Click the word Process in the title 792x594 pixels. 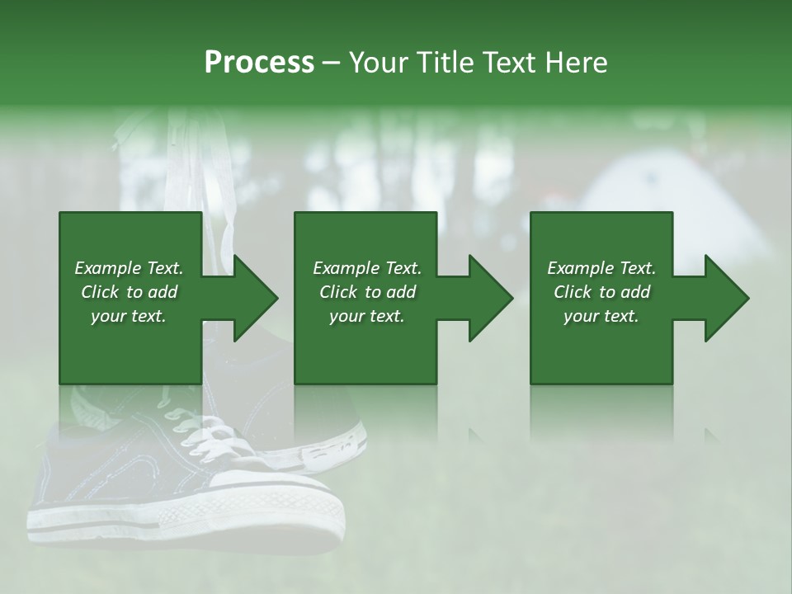click(259, 63)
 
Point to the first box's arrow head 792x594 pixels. click(256, 298)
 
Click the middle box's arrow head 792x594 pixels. click(491, 298)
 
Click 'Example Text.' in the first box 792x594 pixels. click(129, 268)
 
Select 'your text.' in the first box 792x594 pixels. click(129, 316)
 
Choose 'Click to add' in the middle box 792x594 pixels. click(367, 292)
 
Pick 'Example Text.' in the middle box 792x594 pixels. click(367, 268)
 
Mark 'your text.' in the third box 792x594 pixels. click(601, 316)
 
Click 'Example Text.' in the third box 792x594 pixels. click(601, 268)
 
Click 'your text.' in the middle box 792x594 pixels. click(367, 316)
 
